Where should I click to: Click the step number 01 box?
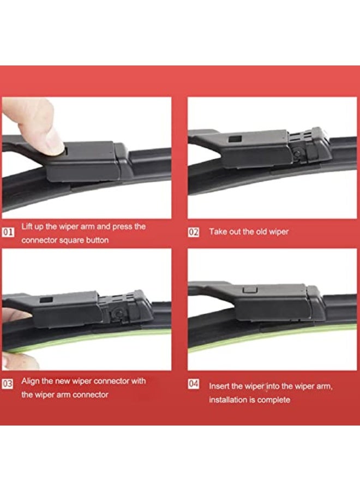point(8,232)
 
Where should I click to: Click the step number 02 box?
point(194,232)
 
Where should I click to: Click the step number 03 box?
point(8,384)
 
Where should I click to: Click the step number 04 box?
point(194,384)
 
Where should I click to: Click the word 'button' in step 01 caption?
point(95,240)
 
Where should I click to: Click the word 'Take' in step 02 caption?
point(218,232)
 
